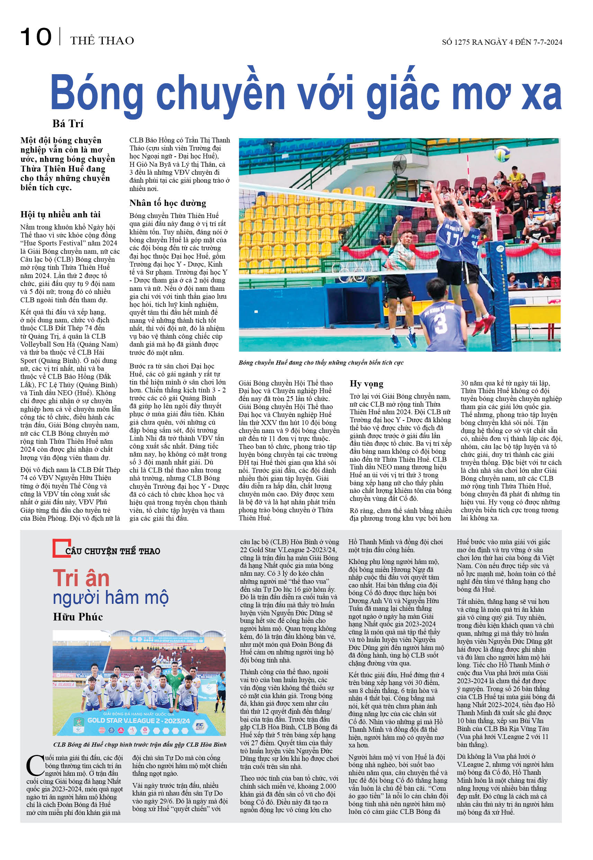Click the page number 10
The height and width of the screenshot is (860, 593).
[x=36, y=37]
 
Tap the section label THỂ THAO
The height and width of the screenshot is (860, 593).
[x=102, y=41]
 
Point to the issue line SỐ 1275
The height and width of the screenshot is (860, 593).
[x=502, y=42]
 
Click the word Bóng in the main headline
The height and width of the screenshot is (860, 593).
[x=97, y=93]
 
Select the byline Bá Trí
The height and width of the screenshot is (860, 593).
[x=68, y=123]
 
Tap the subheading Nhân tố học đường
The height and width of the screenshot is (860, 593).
[x=168, y=203]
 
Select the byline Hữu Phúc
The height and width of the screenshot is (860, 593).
[x=78, y=617]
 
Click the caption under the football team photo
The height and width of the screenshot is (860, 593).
[x=140, y=744]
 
